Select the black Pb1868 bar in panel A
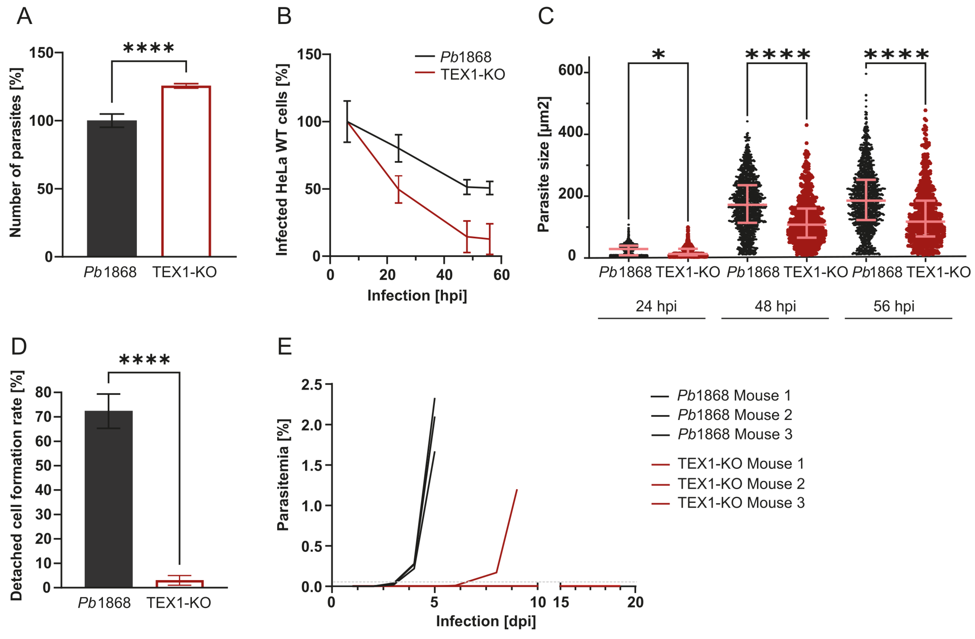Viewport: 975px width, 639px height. [x=111, y=189]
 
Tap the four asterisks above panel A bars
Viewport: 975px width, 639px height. [x=148, y=48]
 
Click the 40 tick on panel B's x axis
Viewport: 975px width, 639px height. [x=444, y=274]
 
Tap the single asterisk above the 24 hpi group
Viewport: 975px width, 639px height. [x=658, y=54]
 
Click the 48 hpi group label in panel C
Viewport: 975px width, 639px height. [x=775, y=306]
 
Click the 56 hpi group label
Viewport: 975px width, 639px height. [x=894, y=306]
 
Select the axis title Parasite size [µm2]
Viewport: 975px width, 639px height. [x=543, y=164]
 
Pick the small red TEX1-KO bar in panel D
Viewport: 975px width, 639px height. [x=180, y=583]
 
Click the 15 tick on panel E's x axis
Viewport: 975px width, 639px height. [x=561, y=602]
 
